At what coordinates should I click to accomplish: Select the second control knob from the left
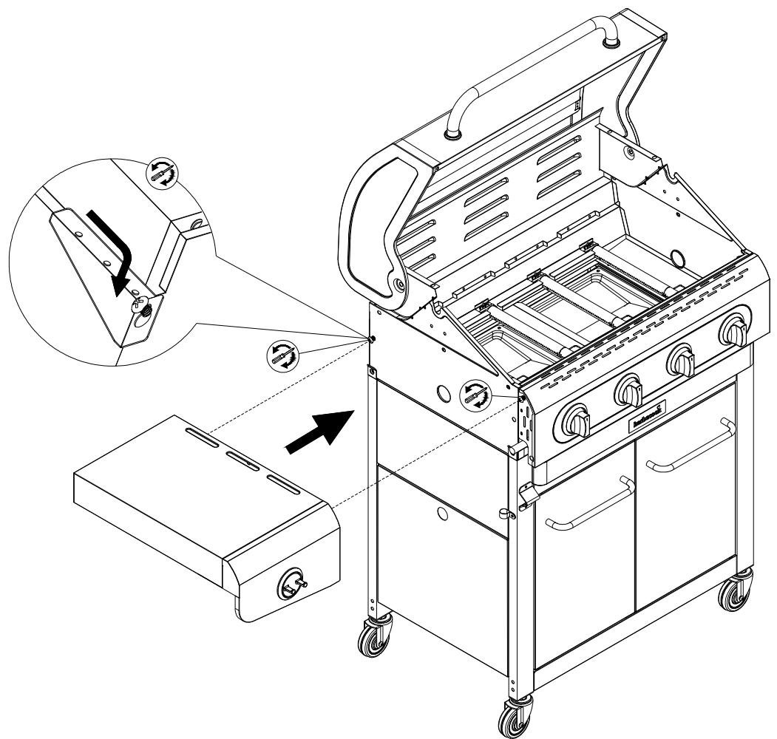tap(629, 389)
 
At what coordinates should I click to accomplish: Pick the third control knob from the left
tap(681, 361)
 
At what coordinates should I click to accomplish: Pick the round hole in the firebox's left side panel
tap(445, 392)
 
